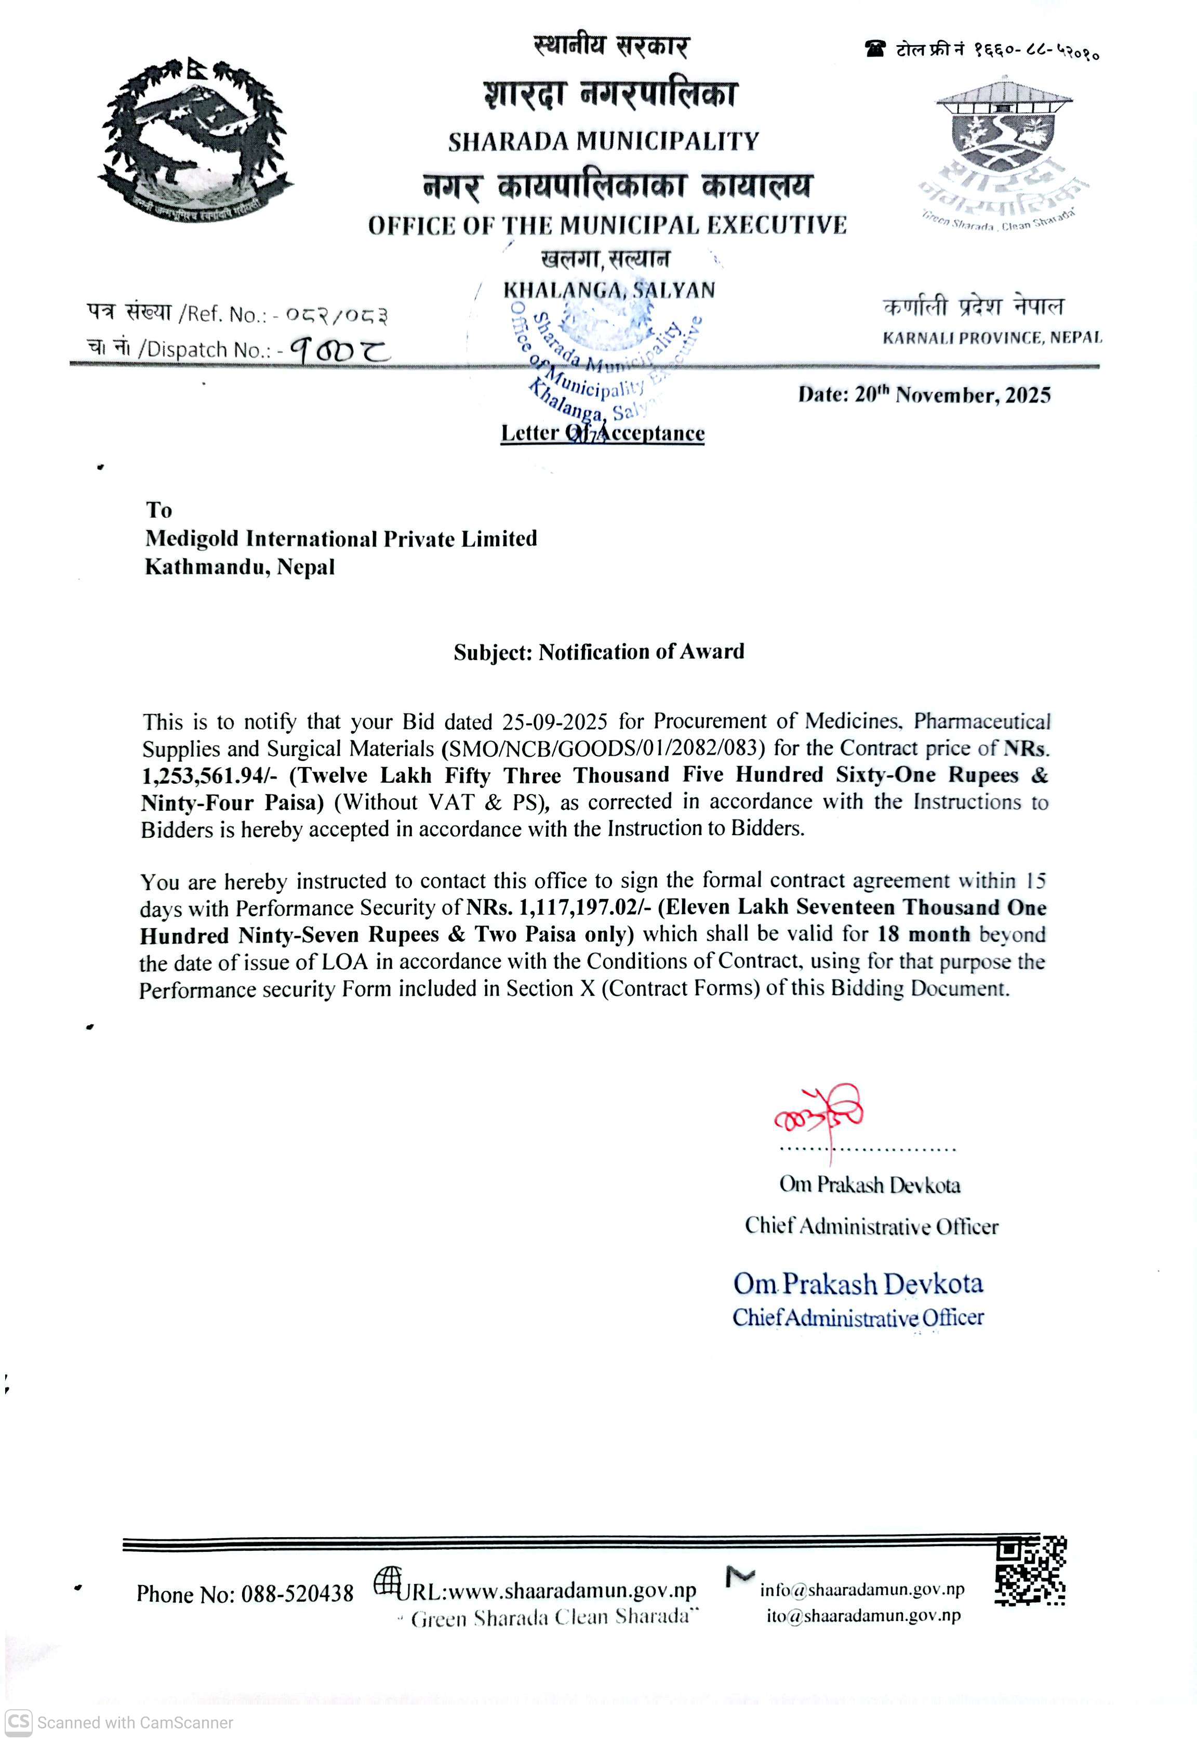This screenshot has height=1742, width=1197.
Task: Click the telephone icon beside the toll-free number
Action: pyautogui.click(x=874, y=49)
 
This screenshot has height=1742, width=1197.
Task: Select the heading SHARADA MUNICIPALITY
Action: pyautogui.click(x=604, y=141)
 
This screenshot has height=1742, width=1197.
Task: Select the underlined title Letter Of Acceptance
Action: pyautogui.click(x=603, y=433)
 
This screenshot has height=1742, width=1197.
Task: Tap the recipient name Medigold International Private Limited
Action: pyautogui.click(x=341, y=538)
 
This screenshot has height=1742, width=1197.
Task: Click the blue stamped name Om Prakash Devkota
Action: pyautogui.click(x=858, y=1284)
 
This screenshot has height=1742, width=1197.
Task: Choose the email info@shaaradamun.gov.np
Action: pyautogui.click(x=862, y=1590)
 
